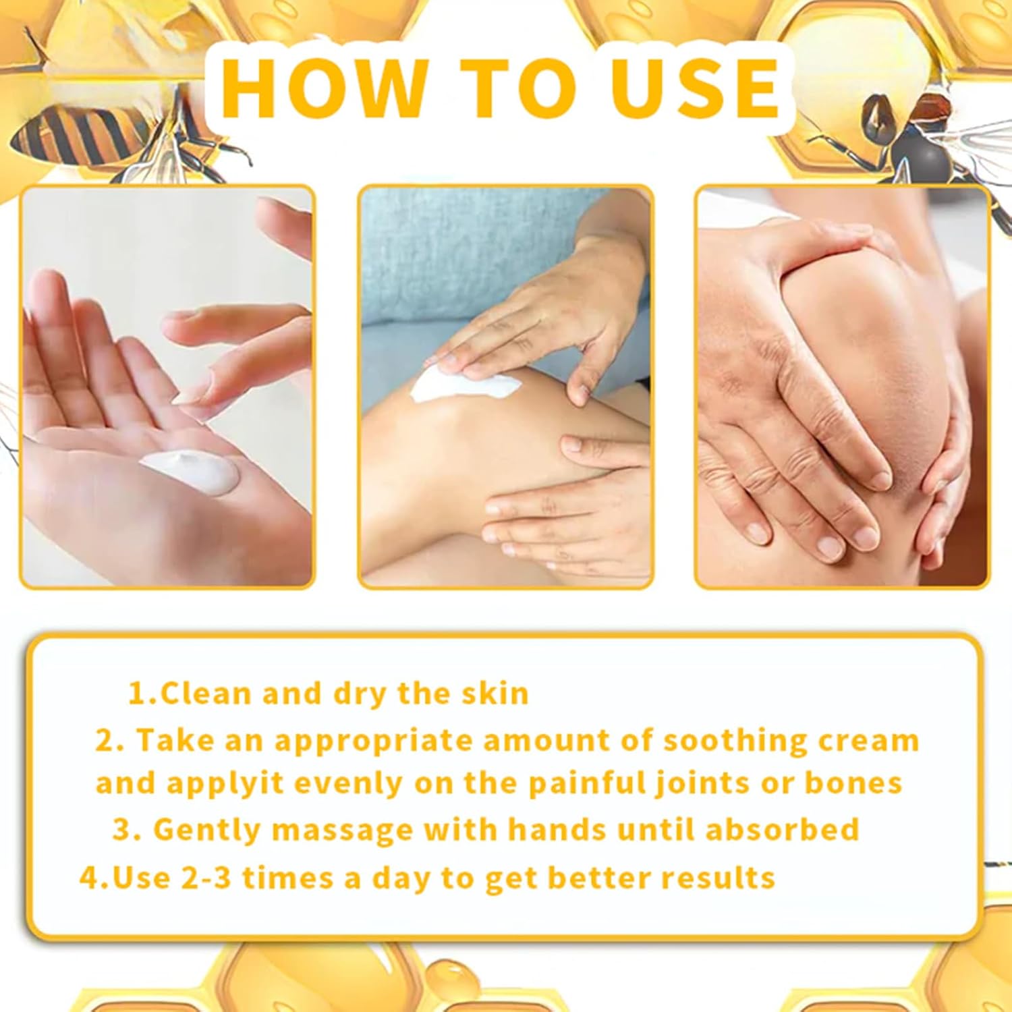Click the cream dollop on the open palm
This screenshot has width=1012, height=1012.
[x=190, y=469]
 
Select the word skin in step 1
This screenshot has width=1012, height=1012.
[x=496, y=694]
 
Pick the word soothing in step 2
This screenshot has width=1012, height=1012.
[x=735, y=740]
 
